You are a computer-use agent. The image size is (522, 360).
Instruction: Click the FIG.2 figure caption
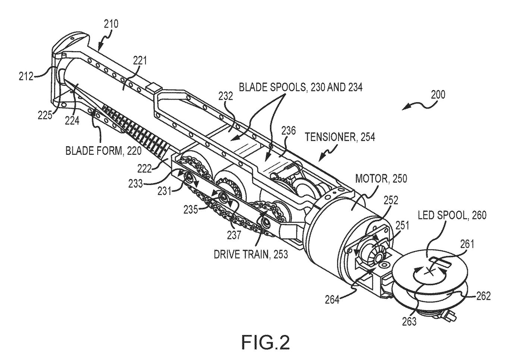click(x=265, y=342)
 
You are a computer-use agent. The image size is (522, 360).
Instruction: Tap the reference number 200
click(x=438, y=95)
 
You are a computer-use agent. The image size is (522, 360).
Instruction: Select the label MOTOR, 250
click(x=381, y=179)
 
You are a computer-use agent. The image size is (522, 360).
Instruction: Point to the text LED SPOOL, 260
click(x=452, y=215)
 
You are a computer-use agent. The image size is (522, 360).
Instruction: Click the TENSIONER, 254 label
click(x=340, y=137)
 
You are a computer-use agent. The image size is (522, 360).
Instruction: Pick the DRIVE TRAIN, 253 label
click(x=251, y=254)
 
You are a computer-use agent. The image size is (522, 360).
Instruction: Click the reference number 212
click(x=26, y=76)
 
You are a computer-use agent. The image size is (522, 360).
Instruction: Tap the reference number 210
click(x=111, y=24)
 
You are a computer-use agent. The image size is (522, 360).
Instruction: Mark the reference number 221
click(x=140, y=60)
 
